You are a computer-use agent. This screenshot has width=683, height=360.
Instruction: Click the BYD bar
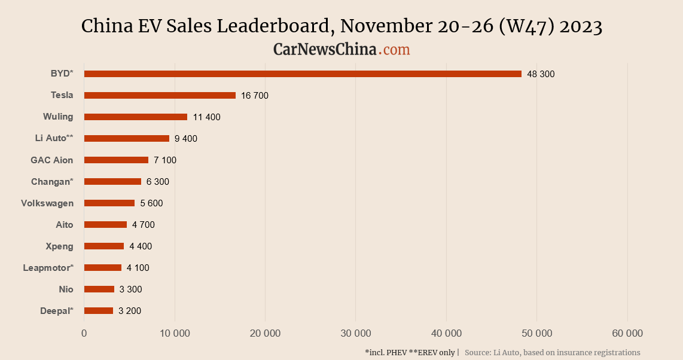point(303,74)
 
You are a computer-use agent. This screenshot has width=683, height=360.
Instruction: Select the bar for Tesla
point(160,95)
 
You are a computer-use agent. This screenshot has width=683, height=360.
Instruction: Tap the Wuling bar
point(136,117)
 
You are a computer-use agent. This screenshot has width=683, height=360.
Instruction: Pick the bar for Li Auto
point(127,138)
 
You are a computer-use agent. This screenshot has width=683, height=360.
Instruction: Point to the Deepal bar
point(99,310)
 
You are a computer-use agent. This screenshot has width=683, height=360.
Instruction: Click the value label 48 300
point(541,74)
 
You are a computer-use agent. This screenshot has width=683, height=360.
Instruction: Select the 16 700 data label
point(255,96)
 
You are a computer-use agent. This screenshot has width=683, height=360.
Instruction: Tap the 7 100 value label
point(165,160)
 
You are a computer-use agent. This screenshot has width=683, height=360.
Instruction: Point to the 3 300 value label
point(130,289)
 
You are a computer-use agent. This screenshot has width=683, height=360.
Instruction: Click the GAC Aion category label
point(52,160)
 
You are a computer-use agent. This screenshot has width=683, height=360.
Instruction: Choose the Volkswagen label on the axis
point(47,203)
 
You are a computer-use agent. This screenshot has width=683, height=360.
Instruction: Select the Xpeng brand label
point(59,246)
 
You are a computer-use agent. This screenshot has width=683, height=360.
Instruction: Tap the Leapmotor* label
point(48,268)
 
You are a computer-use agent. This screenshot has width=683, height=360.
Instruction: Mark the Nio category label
point(66,289)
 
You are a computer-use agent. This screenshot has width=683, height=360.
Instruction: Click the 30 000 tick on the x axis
point(356,333)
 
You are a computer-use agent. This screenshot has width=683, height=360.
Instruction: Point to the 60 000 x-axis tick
point(627,333)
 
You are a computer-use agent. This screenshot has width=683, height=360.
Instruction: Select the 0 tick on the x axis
point(84,333)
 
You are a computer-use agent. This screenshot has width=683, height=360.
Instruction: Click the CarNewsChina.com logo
point(341,50)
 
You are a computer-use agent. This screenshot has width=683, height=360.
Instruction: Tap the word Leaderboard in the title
point(271,26)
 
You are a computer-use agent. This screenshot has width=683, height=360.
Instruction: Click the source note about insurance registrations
point(552,353)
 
